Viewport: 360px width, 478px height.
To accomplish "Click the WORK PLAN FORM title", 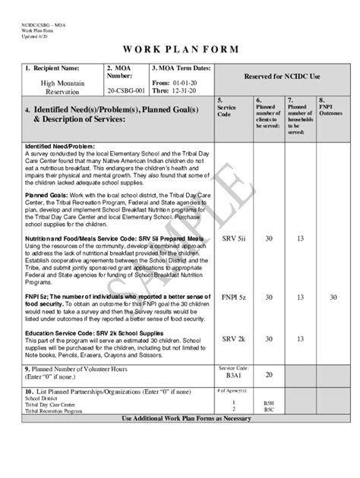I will click(180, 49).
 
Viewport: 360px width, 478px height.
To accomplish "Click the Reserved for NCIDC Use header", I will click(282, 77).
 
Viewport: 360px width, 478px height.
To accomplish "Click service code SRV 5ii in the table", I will click(232, 238).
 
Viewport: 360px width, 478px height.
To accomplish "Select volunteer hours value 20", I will click(269, 374).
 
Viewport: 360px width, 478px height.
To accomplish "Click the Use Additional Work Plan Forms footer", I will click(181, 418).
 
